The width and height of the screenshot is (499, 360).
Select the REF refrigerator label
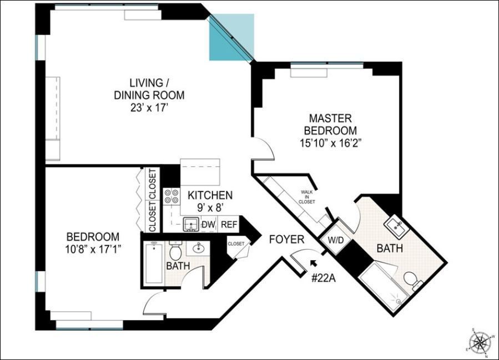coord(228,225)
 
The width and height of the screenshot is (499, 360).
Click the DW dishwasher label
coord(208,225)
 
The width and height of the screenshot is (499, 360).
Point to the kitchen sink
coord(191,225)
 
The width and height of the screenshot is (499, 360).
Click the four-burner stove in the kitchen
coord(172,197)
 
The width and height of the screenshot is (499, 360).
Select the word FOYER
coord(286,240)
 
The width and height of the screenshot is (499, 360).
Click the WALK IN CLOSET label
coord(307,197)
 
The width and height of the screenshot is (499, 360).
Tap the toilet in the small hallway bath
coord(176,252)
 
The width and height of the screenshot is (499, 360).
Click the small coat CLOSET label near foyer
coord(235,244)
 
